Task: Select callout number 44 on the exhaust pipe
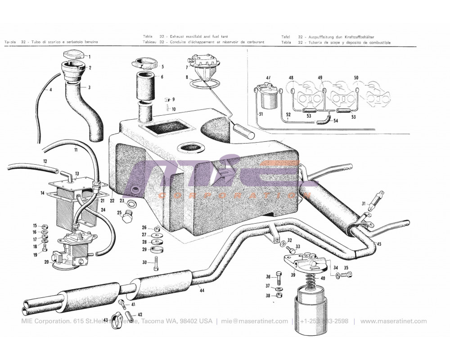tap(202, 291)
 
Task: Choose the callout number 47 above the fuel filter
tap(268, 78)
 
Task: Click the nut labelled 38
tap(278, 296)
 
